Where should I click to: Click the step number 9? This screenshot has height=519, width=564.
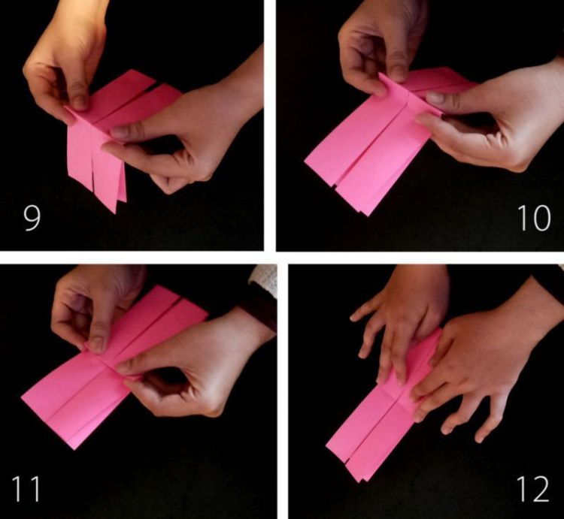32,217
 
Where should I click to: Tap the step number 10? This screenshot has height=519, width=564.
533,217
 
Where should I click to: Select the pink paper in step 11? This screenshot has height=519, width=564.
83,398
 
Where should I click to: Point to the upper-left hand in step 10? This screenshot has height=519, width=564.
376,49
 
